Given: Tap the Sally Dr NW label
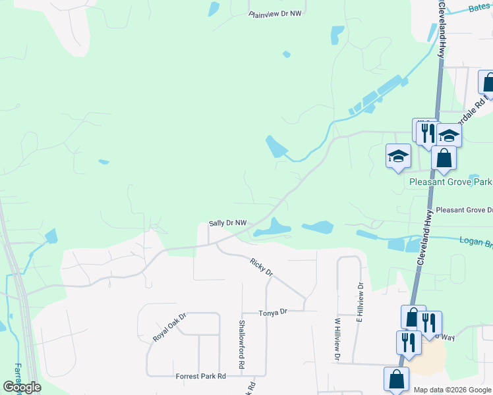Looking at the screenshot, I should click(x=227, y=223).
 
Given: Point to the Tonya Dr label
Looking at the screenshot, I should click(x=274, y=311).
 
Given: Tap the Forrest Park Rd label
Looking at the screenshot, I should click(x=200, y=377).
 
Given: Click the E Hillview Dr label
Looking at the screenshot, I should click(x=360, y=302).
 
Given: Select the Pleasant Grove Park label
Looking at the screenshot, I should click(x=450, y=182).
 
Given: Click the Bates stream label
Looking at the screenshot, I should click(x=480, y=8).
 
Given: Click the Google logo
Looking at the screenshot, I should click(x=22, y=387).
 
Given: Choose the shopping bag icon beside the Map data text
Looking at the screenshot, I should click(x=396, y=379).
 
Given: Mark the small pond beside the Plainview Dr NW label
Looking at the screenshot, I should click(x=214, y=9).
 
